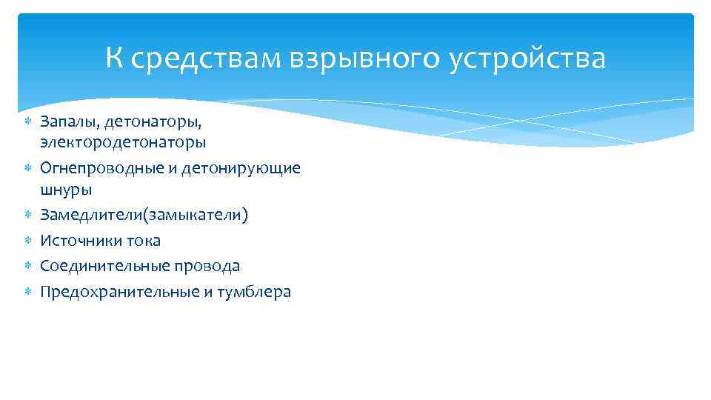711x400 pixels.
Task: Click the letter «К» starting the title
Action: point(114,58)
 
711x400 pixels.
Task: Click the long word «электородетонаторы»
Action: point(123,141)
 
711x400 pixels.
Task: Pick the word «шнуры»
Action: point(66,190)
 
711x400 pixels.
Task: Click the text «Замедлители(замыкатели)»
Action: point(144,216)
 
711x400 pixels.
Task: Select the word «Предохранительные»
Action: point(118,292)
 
